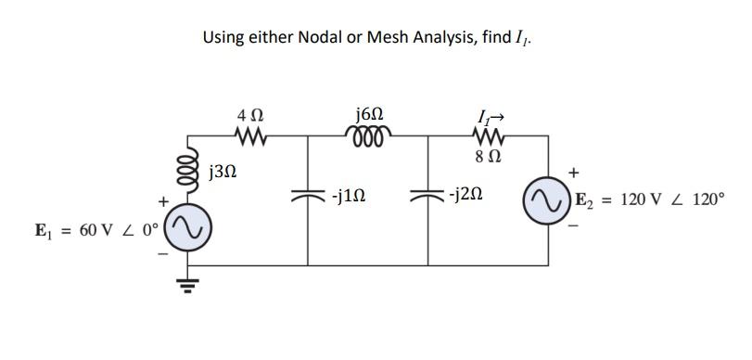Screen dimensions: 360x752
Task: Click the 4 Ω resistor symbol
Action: (249, 136)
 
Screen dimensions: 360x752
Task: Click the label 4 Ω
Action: (249, 116)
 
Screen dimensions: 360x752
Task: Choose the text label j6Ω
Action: (368, 114)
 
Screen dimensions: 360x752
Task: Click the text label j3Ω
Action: (225, 172)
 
